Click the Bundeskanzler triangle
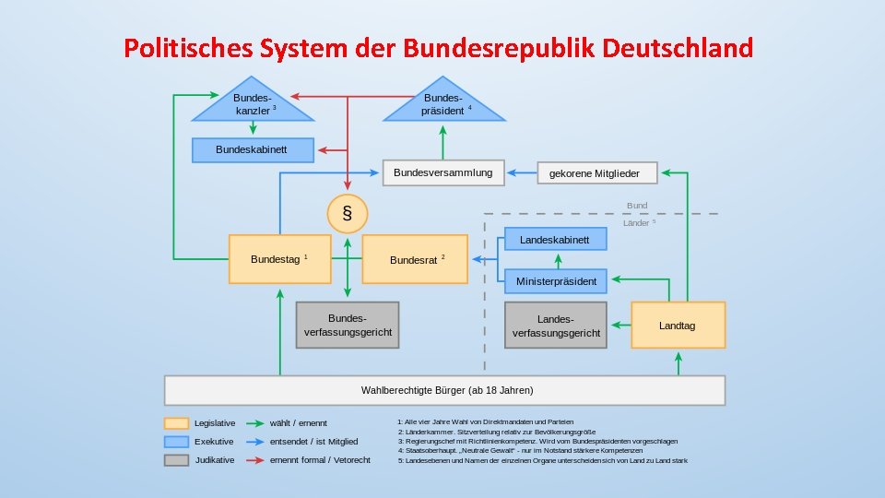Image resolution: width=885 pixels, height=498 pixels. click(252, 105)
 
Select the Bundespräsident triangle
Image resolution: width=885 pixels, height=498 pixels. click(442, 105)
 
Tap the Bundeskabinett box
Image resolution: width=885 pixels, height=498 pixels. click(252, 149)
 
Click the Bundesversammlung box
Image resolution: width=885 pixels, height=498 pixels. click(442, 172)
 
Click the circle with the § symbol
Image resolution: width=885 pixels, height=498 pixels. click(347, 214)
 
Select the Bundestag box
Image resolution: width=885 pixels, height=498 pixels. click(279, 259)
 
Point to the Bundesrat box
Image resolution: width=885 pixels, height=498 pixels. click(415, 259)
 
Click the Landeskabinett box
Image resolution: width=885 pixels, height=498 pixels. click(555, 239)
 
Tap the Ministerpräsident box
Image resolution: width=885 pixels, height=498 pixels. click(555, 280)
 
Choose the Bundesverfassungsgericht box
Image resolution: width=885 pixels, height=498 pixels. click(348, 325)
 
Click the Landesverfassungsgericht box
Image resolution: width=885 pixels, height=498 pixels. click(556, 325)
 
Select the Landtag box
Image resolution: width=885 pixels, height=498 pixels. click(678, 325)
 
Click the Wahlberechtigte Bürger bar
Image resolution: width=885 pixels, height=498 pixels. click(444, 390)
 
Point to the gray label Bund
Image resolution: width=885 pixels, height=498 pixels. click(637, 206)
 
